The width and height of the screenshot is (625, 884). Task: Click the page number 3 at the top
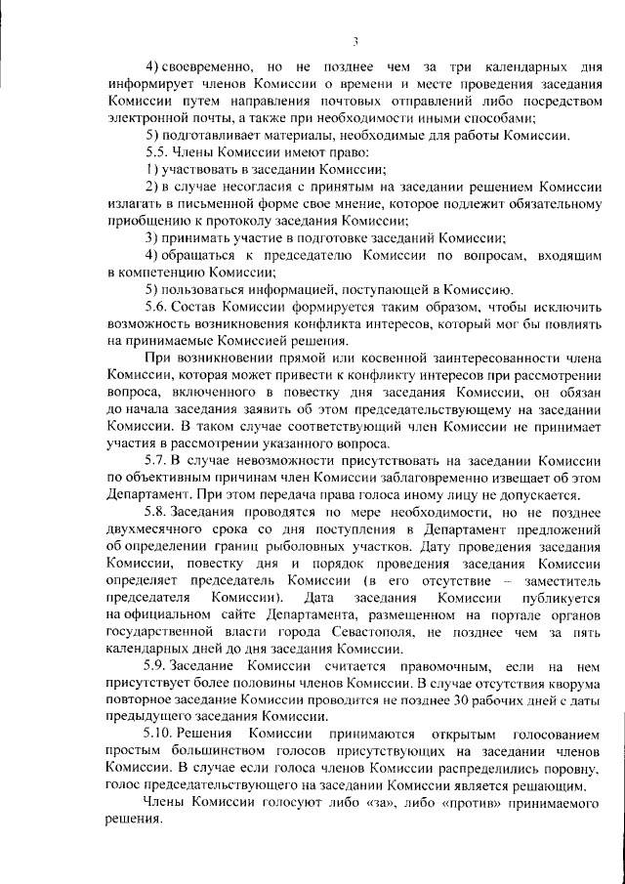(x=357, y=40)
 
